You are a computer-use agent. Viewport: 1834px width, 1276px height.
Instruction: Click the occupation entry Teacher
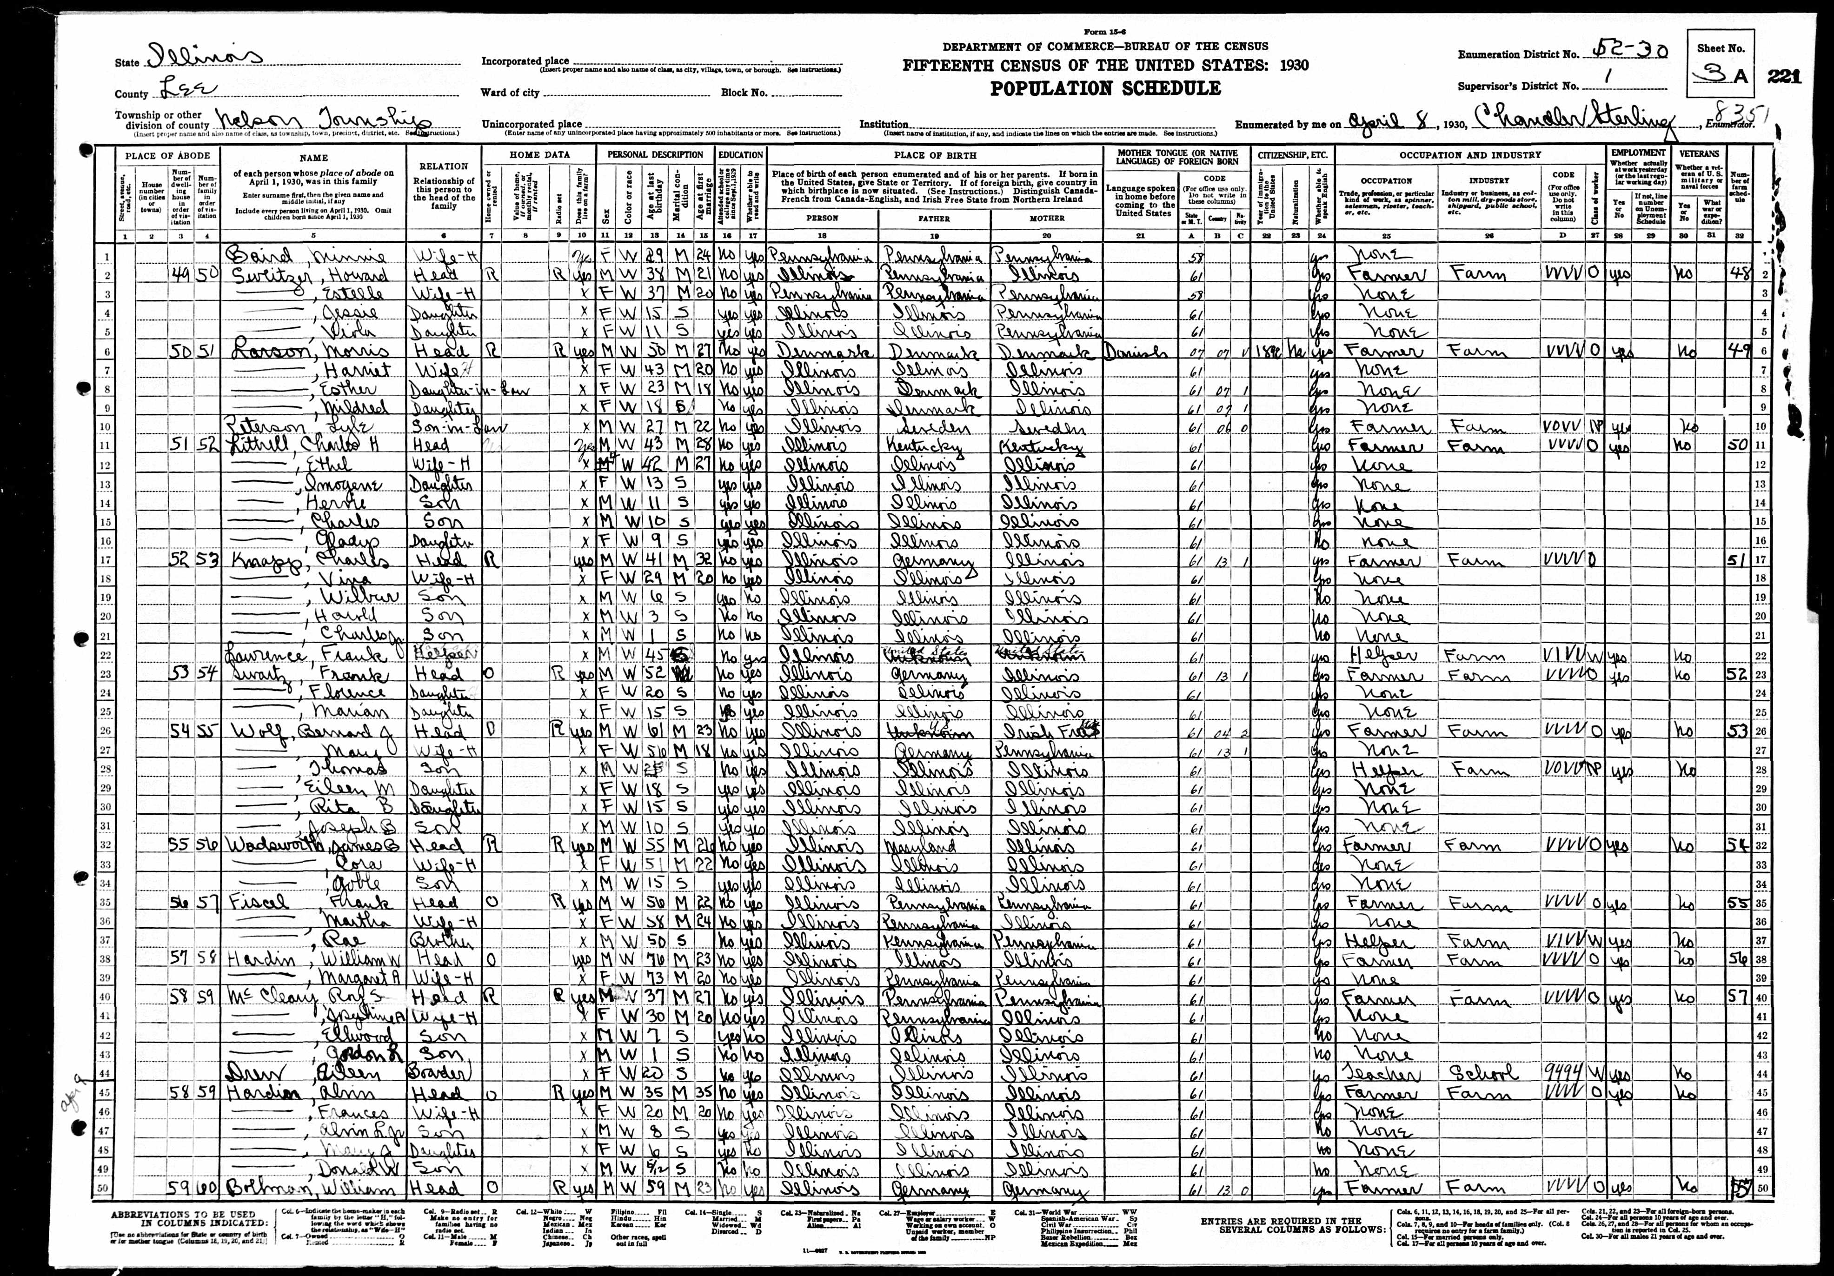tap(1375, 1073)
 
